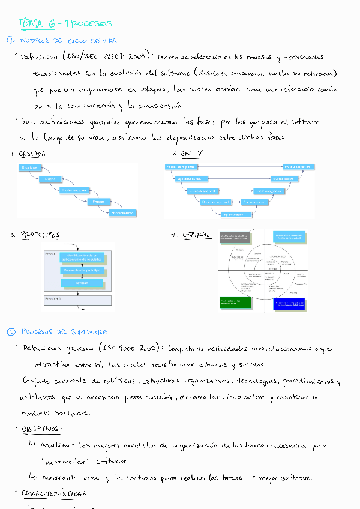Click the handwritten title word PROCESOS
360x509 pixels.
click(x=89, y=24)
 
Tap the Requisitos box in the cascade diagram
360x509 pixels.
click(x=30, y=167)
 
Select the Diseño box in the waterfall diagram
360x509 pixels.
click(x=50, y=179)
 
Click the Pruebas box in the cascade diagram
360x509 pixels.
click(x=98, y=202)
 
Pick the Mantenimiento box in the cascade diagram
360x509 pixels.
click(x=122, y=212)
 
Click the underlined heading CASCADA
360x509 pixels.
click(x=32, y=154)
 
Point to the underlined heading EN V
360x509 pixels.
click(x=190, y=154)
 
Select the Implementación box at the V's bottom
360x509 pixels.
click(x=236, y=214)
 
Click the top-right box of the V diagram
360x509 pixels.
click(x=298, y=167)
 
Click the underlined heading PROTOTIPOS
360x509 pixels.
click(x=40, y=235)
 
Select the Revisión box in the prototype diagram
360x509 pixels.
click(x=82, y=283)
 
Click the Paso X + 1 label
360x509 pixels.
click(x=54, y=298)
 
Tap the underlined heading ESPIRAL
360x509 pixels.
click(x=197, y=235)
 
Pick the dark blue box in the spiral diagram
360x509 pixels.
click(x=292, y=304)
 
